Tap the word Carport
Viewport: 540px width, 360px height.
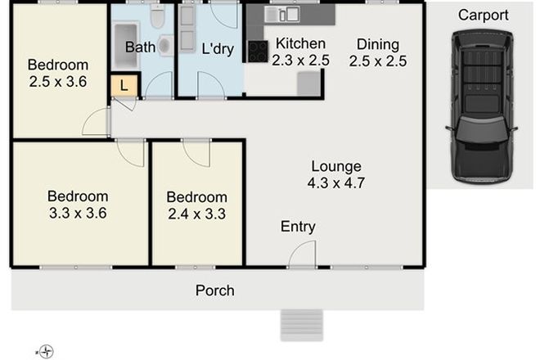coord(482,16)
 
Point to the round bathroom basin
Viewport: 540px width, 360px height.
coord(164,47)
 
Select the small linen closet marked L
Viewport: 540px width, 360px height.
coord(125,85)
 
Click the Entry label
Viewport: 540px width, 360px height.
coord(298,227)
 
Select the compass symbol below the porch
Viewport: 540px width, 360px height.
coord(47,352)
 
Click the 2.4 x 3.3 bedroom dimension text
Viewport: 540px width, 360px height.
coord(196,215)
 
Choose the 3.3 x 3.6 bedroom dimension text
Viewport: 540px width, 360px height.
coord(78,214)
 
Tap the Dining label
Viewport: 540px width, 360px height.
coord(377,43)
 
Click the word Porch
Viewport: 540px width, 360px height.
coord(214,290)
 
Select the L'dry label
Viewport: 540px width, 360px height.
coord(218,49)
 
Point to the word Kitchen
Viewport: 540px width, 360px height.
coord(299,43)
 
